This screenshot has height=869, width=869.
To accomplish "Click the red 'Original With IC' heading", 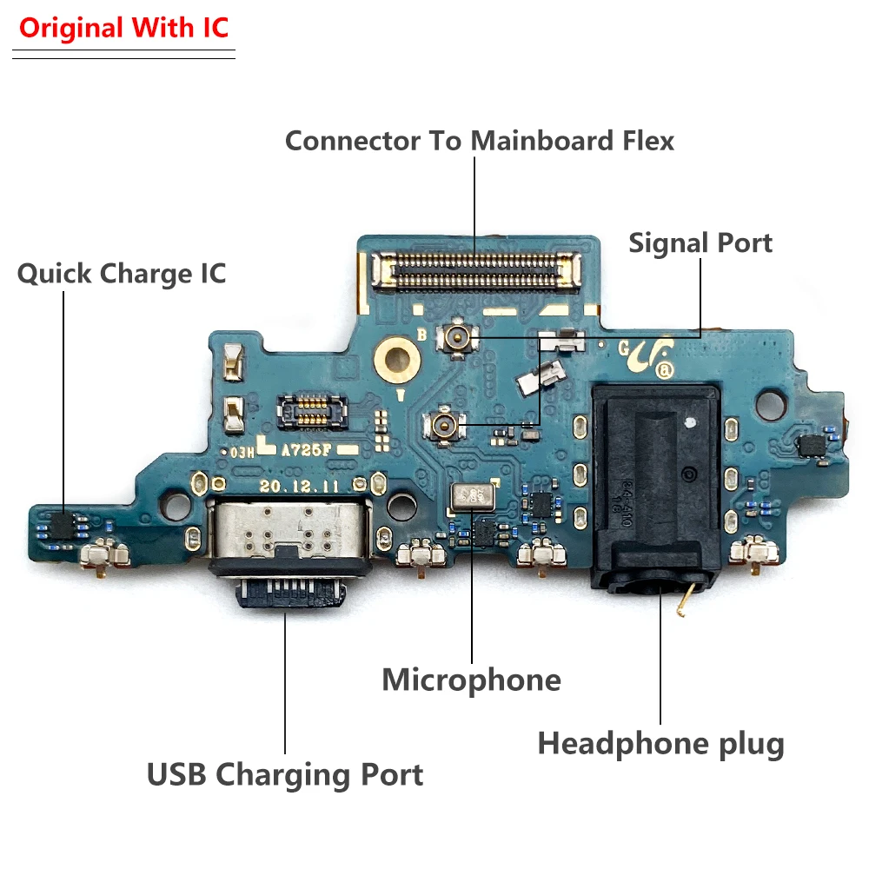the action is point(123,28).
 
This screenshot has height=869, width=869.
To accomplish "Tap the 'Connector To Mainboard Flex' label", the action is point(479,140).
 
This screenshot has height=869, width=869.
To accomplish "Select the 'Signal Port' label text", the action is point(700,242).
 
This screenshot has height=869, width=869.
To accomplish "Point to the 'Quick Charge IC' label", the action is point(122,274).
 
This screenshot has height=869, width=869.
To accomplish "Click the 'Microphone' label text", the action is point(471,680).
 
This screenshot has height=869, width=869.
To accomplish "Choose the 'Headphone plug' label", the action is point(660,744).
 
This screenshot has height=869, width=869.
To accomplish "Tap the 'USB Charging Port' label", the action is point(285,773).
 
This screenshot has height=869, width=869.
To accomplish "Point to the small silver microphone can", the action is point(473,497).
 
